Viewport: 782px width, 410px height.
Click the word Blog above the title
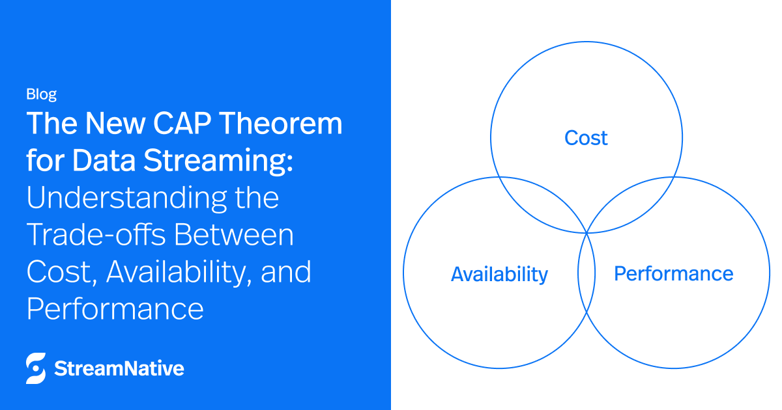coord(41,94)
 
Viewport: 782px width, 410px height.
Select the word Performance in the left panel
coord(115,308)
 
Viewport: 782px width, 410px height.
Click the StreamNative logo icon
coord(36,369)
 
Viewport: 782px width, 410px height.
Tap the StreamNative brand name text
coord(119,369)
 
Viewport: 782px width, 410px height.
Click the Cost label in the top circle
coord(586,138)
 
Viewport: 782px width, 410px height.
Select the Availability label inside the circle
coord(499,274)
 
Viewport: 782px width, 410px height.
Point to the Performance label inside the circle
coord(673,273)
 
